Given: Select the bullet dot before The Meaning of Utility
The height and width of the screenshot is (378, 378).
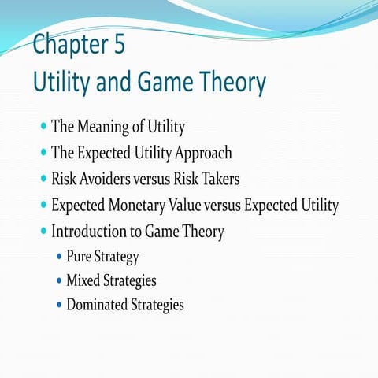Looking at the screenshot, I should tap(42, 125).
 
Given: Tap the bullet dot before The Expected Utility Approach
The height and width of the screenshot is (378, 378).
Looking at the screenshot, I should tap(42, 152).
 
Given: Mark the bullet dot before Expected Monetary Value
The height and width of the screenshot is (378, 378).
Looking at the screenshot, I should tap(42, 206).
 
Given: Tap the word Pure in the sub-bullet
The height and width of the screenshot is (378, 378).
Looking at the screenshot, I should tap(79, 257).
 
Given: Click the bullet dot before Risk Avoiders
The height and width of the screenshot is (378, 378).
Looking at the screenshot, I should tap(42, 179).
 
